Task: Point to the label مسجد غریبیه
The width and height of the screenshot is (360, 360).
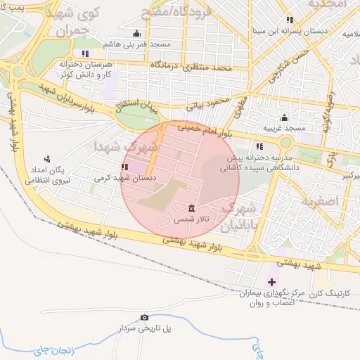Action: tap(284, 129)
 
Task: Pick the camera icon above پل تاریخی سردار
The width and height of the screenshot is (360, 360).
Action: tap(145, 317)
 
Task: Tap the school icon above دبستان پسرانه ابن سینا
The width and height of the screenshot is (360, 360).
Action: tap(290, 20)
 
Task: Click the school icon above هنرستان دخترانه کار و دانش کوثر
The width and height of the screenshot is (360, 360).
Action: tap(86, 53)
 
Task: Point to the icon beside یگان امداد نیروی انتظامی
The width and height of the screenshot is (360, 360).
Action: tap(47, 159)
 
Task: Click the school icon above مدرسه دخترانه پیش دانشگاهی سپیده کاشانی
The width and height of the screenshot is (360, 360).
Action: tap(259, 147)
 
